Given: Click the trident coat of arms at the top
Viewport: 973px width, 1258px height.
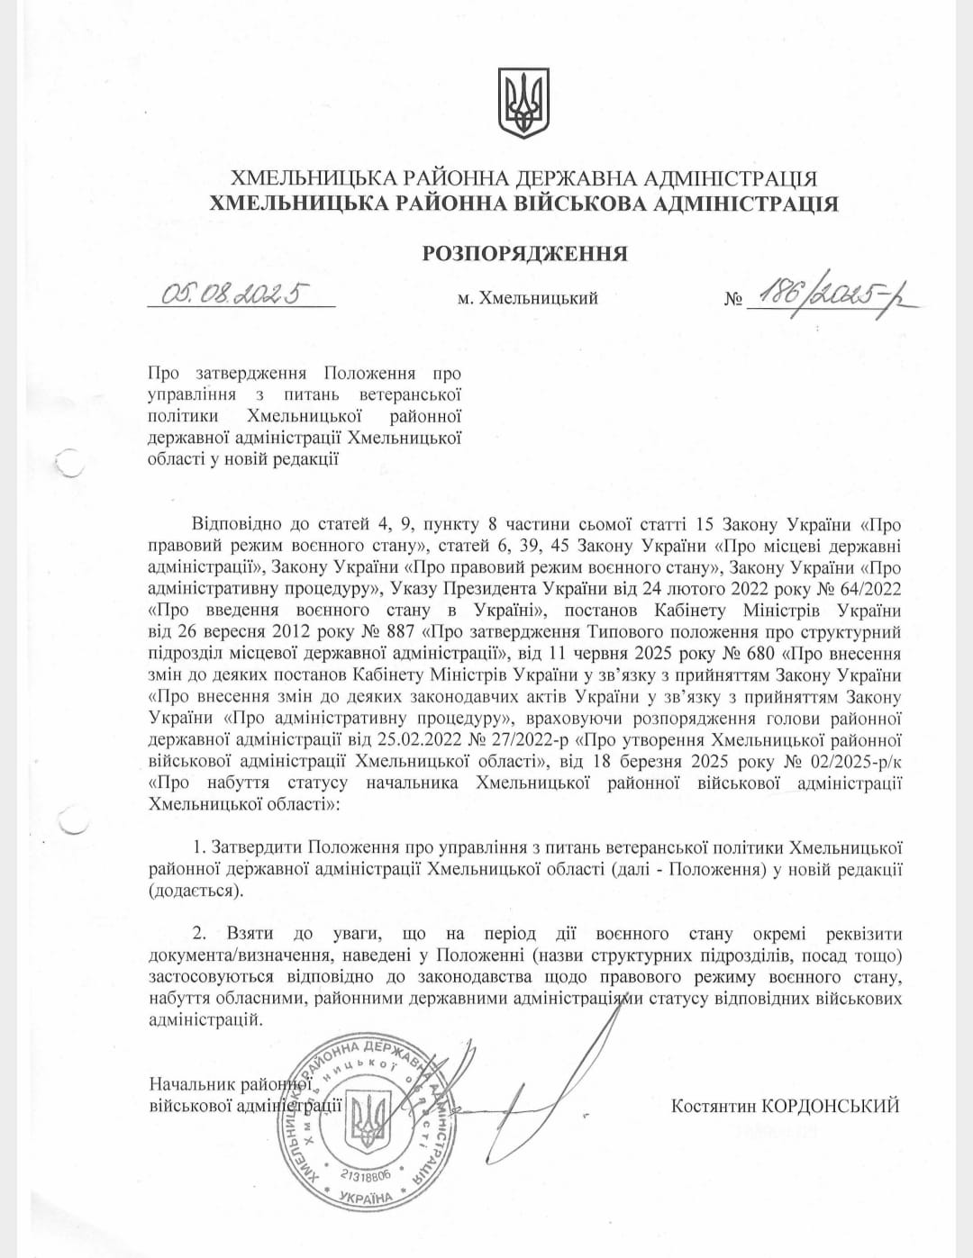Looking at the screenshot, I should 523,104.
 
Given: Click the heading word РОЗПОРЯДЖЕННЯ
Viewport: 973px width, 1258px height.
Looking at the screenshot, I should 524,253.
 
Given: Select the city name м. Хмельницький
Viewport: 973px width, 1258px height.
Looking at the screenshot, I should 527,298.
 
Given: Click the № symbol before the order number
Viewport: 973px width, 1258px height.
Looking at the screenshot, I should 732,299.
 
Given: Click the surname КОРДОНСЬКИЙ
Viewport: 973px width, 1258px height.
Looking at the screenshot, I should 830,1106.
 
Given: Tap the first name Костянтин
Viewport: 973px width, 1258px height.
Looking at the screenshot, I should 713,1106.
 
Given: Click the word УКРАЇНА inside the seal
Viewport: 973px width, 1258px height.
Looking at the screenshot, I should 367,1197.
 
